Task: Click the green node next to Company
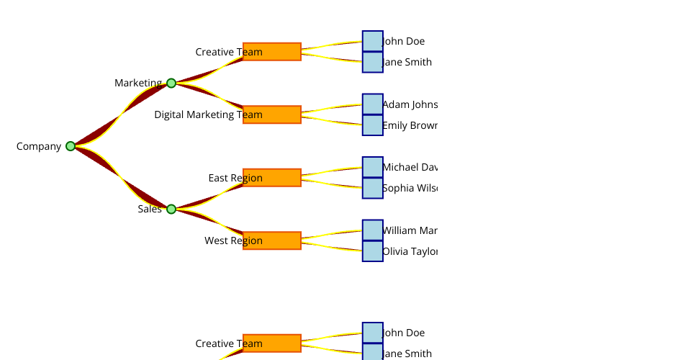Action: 71,146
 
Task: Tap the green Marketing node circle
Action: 171,84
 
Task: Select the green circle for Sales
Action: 171,210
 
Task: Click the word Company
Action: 39,146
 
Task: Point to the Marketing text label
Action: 138,83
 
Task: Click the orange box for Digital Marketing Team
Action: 272,115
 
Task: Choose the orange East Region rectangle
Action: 272,178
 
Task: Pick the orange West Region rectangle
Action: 272,240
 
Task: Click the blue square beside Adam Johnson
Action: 373,104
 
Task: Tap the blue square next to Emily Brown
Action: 373,125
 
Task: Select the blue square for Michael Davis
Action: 373,167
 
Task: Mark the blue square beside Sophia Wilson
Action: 373,188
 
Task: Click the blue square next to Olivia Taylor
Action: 373,251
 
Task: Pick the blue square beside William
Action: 373,230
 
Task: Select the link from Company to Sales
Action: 121,178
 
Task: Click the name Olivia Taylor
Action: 410,251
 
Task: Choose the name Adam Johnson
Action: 410,104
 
